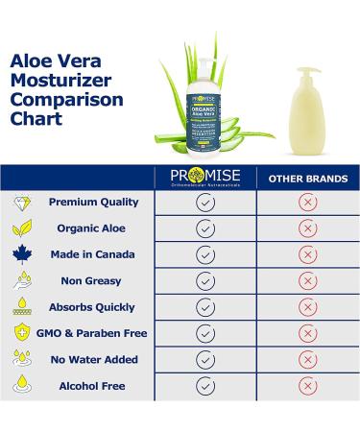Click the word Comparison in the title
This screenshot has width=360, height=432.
66,99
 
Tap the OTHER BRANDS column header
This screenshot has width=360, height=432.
307,179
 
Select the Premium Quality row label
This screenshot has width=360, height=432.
94,203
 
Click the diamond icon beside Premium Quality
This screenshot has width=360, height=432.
21,203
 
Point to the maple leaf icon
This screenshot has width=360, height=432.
21,255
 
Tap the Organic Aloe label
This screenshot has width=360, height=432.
94,228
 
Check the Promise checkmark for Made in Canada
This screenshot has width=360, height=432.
205,255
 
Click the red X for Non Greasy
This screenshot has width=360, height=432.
307,281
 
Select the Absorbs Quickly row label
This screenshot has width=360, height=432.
94,307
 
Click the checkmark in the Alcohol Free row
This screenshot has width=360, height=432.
205,386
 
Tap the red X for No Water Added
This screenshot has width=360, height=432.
307,360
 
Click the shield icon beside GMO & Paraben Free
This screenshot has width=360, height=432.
21,333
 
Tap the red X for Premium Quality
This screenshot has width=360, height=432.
307,203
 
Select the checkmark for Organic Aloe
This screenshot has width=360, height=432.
205,228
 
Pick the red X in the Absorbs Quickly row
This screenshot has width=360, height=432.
307,307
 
